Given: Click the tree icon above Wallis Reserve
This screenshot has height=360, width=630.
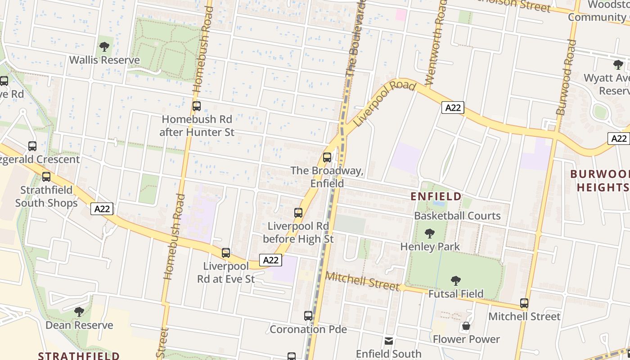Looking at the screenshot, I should (104, 46).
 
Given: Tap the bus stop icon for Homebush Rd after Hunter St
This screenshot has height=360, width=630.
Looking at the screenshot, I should (197, 106).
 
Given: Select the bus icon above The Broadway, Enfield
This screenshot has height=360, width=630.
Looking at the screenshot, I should (327, 157).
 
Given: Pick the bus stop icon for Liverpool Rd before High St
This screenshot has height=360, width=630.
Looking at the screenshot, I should (298, 213).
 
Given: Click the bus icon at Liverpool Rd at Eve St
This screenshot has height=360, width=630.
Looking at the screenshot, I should (226, 253).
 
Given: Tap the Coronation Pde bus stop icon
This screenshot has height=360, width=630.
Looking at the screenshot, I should (308, 316).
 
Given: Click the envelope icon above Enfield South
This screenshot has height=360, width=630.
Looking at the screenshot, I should (389, 341).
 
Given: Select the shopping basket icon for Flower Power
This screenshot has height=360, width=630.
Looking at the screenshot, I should (466, 326).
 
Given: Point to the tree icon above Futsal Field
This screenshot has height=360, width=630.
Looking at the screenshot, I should (456, 281).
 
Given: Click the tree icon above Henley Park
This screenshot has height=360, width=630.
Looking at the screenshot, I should (430, 234).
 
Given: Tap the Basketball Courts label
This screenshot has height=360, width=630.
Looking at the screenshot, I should (457, 216).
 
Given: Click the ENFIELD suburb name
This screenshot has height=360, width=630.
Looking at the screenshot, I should (436, 196).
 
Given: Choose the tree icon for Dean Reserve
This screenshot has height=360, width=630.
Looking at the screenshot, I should (79, 311).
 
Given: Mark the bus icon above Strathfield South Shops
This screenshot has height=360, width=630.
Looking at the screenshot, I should (46, 177).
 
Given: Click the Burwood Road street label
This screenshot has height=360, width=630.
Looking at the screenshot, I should (566, 77).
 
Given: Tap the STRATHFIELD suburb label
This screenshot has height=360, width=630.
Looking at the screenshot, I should (79, 355).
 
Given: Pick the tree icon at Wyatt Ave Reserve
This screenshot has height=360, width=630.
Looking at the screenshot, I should (618, 65).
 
